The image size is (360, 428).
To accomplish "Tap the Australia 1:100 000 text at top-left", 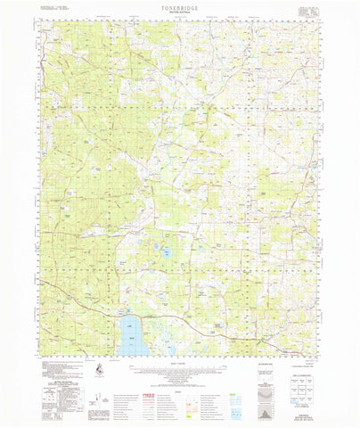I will (x=54, y=6).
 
